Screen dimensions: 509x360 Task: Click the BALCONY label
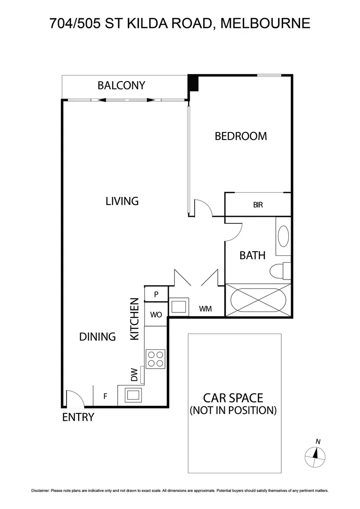pyautogui.click(x=121, y=85)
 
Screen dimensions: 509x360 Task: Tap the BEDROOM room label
pyautogui.click(x=240, y=136)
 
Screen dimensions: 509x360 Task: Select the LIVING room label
pyautogui.click(x=122, y=201)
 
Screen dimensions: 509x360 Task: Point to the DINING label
pyautogui.click(x=97, y=337)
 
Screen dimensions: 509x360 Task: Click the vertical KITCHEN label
pyautogui.click(x=134, y=319)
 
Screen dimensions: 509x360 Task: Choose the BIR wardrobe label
pyautogui.click(x=258, y=205)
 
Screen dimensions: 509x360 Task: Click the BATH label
pyautogui.click(x=252, y=255)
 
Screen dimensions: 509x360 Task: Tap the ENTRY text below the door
pyautogui.click(x=78, y=417)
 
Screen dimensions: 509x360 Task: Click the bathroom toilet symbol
pyautogui.click(x=278, y=271)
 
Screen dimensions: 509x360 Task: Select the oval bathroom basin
pyautogui.click(x=283, y=236)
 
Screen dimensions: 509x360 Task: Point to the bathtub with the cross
pyautogui.click(x=258, y=299)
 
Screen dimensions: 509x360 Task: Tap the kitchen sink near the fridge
pyautogui.click(x=132, y=394)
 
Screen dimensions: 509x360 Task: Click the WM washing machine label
pyautogui.click(x=205, y=309)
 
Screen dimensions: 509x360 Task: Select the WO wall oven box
pyautogui.click(x=156, y=314)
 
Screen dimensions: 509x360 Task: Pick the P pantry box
pyautogui.click(x=156, y=294)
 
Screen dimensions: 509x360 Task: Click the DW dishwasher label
pyautogui.click(x=134, y=375)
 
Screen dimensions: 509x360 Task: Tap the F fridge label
pyautogui.click(x=105, y=396)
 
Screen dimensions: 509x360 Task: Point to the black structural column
pyautogui.click(x=193, y=83)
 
